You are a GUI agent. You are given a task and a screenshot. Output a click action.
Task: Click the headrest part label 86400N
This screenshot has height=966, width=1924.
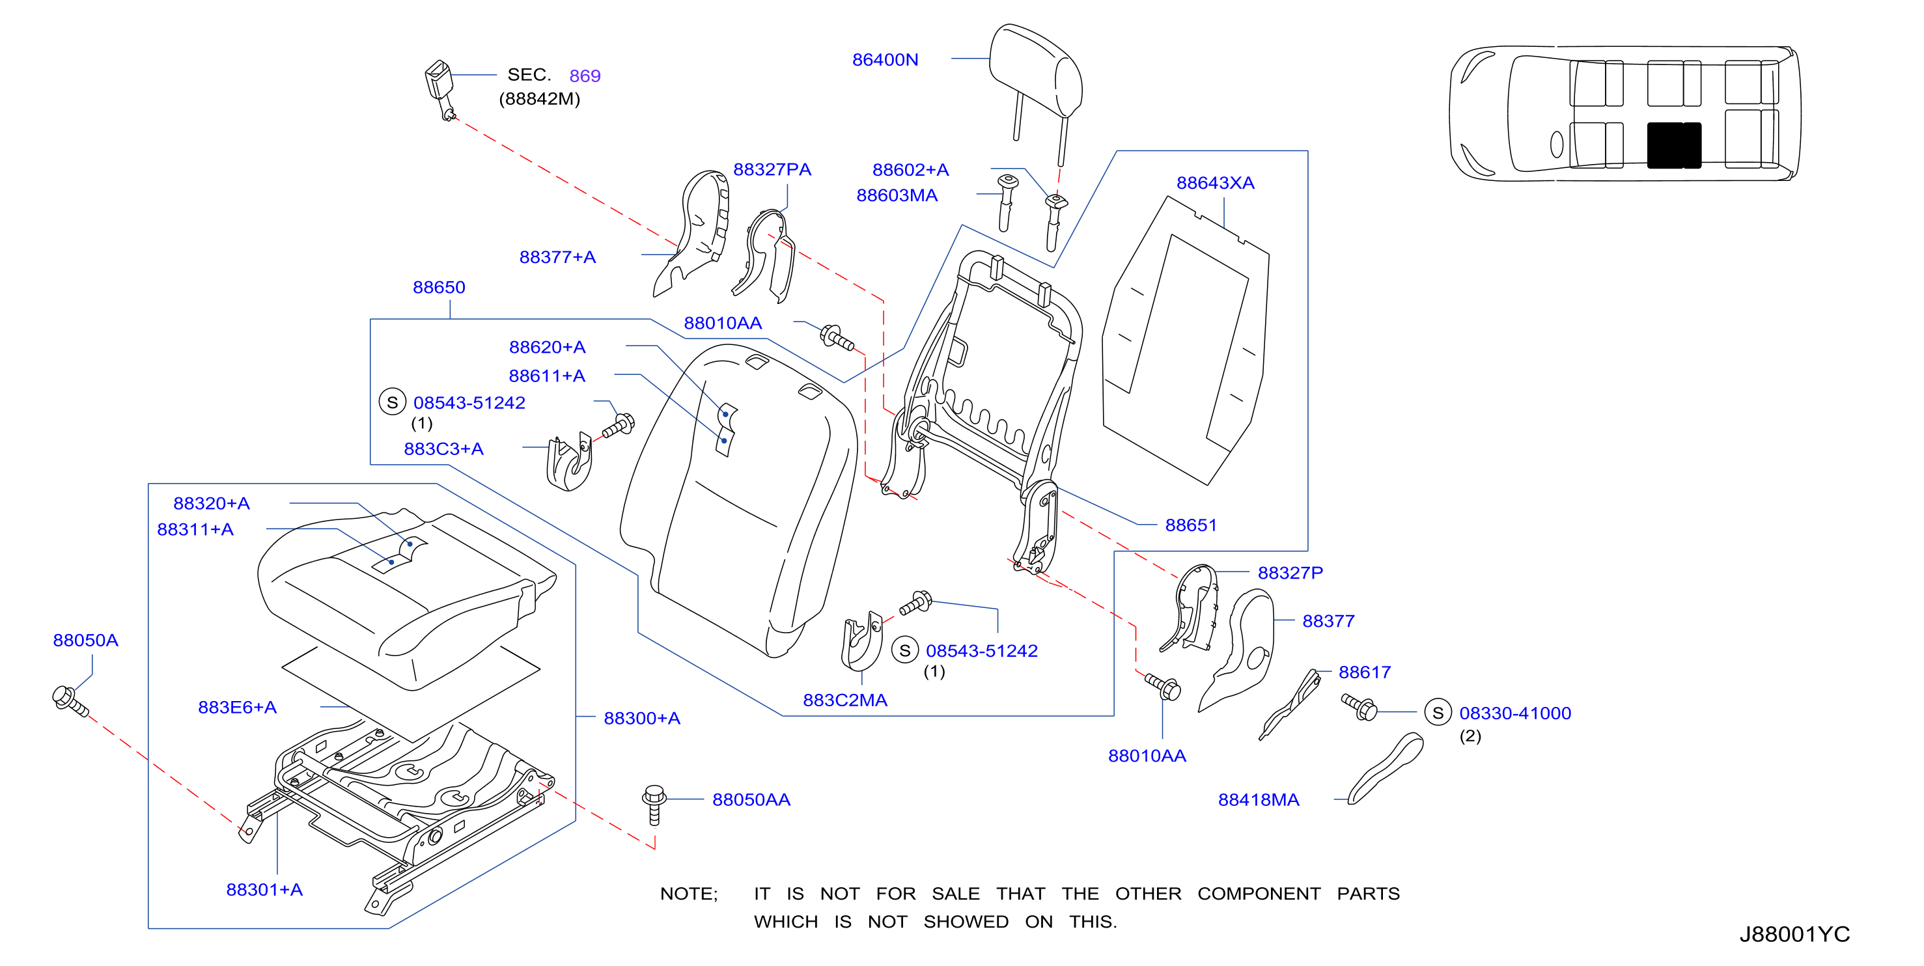(885, 60)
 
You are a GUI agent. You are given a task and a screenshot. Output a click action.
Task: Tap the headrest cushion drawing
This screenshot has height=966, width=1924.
(1036, 71)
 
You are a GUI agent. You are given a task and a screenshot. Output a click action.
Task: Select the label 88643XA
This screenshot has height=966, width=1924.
(1215, 183)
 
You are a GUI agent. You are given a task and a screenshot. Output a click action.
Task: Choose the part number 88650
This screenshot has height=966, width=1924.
(439, 288)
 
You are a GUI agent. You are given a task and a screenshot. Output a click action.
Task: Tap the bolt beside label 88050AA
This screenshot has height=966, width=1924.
(654, 805)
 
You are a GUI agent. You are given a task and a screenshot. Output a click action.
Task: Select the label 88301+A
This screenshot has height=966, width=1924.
(264, 890)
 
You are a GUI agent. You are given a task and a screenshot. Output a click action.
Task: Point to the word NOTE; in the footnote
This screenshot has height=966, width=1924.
(689, 894)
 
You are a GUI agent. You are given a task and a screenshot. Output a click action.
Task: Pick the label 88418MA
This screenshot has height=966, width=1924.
(1259, 799)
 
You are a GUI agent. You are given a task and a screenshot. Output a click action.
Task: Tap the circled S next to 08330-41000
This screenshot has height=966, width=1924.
(1438, 713)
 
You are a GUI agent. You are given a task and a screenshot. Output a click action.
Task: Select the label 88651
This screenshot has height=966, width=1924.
(1191, 525)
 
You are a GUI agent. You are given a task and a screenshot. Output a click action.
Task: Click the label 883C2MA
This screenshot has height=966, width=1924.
(844, 700)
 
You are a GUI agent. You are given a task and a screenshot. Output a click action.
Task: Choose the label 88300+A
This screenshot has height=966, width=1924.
(641, 718)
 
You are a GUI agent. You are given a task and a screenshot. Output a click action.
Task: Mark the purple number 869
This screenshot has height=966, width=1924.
(585, 76)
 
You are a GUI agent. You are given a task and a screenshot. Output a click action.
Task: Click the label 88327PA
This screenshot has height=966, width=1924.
(772, 169)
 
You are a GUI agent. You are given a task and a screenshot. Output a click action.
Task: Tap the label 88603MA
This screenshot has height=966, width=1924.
(897, 195)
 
